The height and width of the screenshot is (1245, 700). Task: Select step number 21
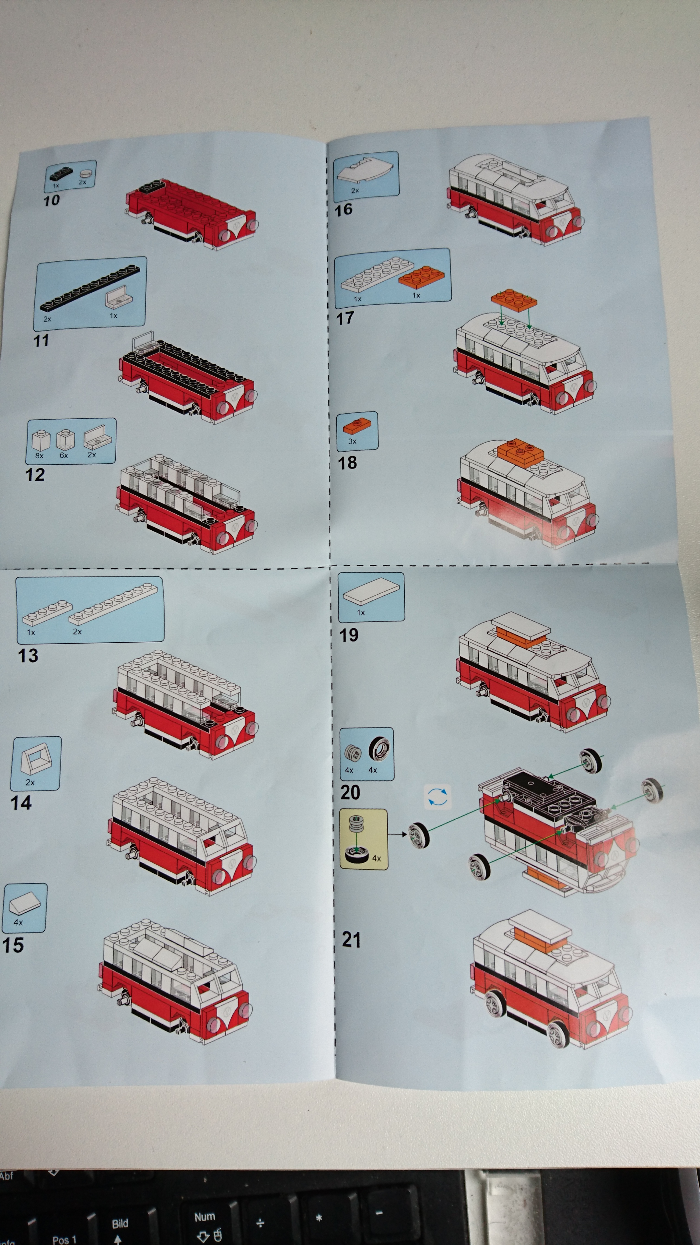[351, 940]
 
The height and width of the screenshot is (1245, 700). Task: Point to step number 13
[28, 656]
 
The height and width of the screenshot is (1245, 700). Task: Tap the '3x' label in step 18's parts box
[352, 441]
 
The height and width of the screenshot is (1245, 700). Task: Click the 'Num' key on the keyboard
[204, 1216]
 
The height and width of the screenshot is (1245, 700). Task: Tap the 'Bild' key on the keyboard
[120, 1223]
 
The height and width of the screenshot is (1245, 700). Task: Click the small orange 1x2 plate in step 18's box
[358, 426]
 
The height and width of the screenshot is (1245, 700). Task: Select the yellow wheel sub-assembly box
[363, 839]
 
